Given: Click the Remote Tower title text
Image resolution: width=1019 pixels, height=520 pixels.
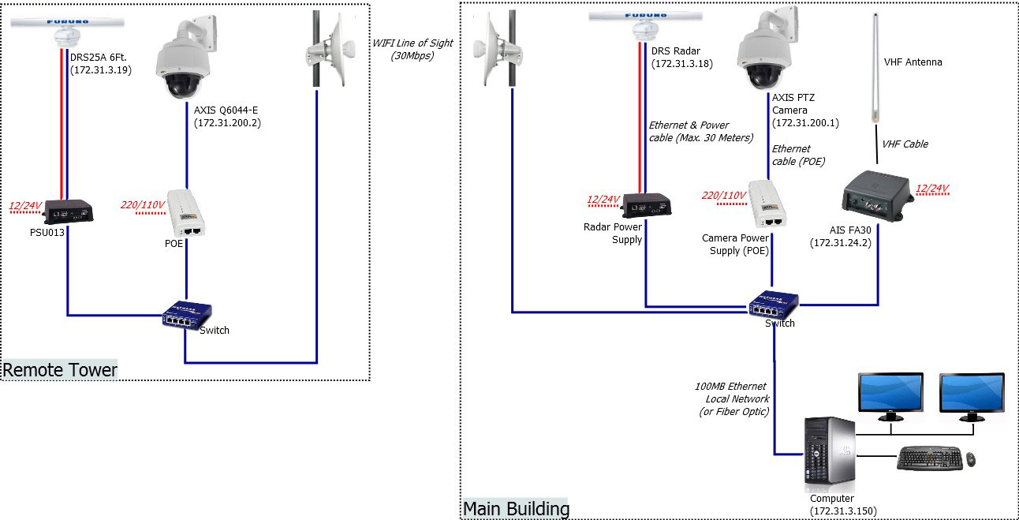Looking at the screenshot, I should (61, 369).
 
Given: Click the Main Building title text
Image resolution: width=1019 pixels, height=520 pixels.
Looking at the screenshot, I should (516, 508).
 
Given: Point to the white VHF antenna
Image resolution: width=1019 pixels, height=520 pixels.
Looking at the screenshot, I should (874, 71).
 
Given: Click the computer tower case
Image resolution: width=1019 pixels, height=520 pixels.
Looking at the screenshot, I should (828, 451).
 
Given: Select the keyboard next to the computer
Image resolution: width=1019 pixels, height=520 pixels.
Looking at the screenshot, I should (929, 458).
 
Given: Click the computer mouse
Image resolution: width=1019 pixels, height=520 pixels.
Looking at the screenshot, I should (970, 458).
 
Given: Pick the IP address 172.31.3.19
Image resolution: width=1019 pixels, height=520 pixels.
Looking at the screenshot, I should (101, 70).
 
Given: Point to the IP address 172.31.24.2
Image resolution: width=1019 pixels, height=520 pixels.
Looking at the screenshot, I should (838, 243).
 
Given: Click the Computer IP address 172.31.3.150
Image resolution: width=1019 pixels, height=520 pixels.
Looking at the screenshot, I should (843, 511).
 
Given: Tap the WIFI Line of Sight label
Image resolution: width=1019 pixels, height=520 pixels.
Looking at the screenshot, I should (402, 49).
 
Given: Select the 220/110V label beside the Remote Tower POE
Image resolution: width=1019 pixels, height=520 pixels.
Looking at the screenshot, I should (143, 205).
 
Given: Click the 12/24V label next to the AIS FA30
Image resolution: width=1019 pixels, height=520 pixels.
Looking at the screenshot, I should (931, 188).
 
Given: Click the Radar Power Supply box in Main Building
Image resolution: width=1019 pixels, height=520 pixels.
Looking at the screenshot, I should (646, 205).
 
